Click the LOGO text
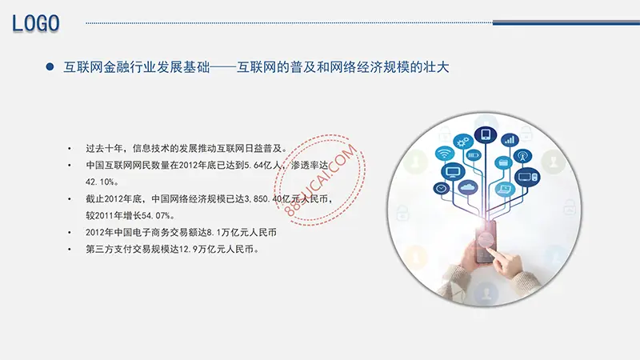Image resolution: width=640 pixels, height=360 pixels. pyautogui.click(x=36, y=23)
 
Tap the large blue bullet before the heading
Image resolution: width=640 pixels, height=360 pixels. pyautogui.click(x=50, y=66)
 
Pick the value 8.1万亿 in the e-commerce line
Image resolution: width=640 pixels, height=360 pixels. pyautogui.click(x=222, y=232)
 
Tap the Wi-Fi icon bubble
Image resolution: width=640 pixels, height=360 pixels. pyautogui.click(x=445, y=154)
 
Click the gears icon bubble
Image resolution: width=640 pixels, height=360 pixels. pyautogui.click(x=463, y=142)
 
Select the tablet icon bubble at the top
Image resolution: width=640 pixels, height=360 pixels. pyautogui.click(x=486, y=134)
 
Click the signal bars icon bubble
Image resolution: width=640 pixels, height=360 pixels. pyautogui.click(x=510, y=141)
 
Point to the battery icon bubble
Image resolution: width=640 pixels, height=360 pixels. pyautogui.click(x=473, y=155)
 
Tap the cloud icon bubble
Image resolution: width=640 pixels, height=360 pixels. pyautogui.click(x=468, y=188)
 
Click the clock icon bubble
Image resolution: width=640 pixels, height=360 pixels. pyautogui.click(x=442, y=189)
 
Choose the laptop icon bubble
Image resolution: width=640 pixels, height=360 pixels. pyautogui.click(x=505, y=189)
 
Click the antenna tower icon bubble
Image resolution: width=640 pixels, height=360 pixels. pyautogui.click(x=522, y=156)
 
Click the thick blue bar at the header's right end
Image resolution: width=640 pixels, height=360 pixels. pyautogui.click(x=566, y=23)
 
